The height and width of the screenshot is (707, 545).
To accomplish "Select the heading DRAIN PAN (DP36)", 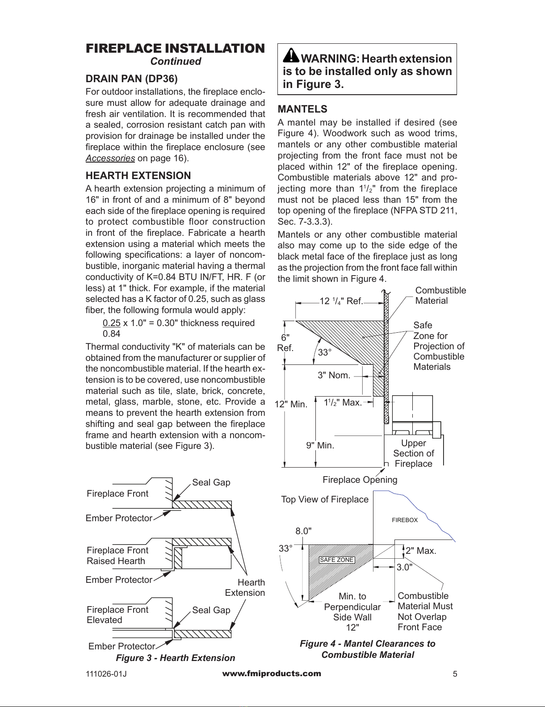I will coord(131,79).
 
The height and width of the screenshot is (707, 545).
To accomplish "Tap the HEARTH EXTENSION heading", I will coord(138,176).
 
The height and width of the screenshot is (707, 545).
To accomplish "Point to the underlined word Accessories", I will coord(110,158).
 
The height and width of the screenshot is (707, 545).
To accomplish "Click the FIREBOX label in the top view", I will coord(405,520).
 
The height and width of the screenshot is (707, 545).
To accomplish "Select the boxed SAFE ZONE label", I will coord(337,560).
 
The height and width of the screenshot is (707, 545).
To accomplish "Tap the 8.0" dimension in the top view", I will coord(303,531).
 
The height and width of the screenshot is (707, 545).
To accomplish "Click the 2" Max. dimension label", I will coord(420,551).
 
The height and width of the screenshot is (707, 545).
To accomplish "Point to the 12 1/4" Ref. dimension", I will coord(341,301).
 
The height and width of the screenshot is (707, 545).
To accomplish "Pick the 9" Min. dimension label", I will coord(320,445).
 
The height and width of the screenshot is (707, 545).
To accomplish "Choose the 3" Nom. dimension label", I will coord(334,375).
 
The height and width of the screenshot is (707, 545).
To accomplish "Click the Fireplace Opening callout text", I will coord(360,480).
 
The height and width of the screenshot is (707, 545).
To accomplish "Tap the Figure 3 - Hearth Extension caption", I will coord(175,658).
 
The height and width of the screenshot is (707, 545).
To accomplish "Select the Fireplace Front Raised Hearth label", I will coord(117,556).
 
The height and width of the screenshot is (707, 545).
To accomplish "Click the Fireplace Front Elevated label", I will coord(117,615).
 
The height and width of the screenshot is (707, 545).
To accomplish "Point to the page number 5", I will coord(455,674).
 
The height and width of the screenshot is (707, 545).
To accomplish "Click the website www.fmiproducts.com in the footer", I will coord(272,674).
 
